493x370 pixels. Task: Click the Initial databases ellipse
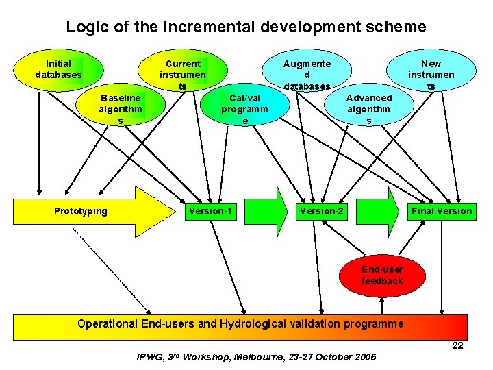coord(58,69)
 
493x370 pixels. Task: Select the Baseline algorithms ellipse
coord(121,109)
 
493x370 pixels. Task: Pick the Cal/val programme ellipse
coord(244,109)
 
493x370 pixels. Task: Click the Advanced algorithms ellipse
coord(369,109)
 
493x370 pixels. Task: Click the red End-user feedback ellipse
coord(382,275)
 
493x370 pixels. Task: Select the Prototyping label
coord(81,211)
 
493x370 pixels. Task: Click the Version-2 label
coord(321,211)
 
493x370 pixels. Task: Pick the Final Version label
coord(442,211)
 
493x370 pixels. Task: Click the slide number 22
coord(457,345)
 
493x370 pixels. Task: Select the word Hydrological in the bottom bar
coord(251,323)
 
